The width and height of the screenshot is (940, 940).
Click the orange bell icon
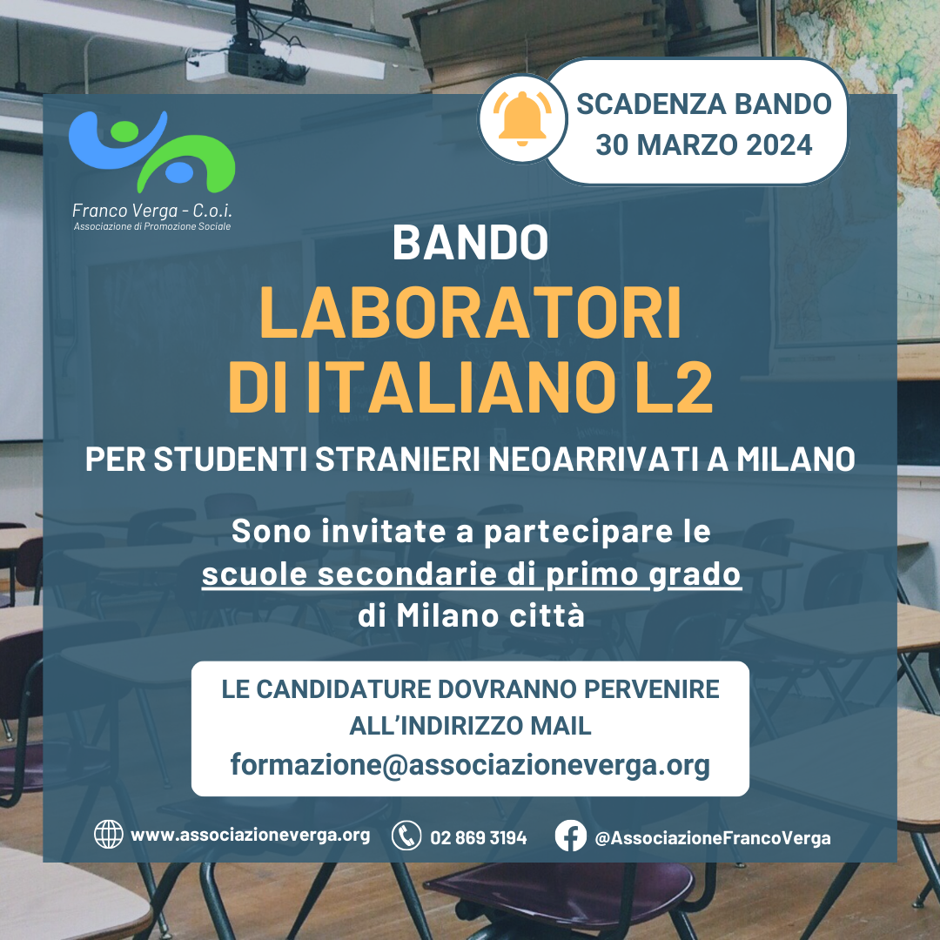522,118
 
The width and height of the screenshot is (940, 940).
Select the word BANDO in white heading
470,243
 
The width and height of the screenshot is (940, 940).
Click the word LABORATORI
470,313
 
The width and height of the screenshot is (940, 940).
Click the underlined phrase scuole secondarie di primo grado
471,574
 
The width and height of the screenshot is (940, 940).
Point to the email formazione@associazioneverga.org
470,765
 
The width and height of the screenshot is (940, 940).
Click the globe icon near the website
109,835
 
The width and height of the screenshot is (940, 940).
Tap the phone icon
406,836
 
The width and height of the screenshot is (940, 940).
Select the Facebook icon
570,836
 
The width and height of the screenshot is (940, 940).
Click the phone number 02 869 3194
479,837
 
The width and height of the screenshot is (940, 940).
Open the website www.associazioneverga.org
250,835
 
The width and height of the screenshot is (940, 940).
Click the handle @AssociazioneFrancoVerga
712,838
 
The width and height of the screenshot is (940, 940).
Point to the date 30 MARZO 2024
704,145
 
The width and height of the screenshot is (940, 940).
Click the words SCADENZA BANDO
704,104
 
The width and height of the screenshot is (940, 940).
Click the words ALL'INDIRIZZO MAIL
470,726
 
